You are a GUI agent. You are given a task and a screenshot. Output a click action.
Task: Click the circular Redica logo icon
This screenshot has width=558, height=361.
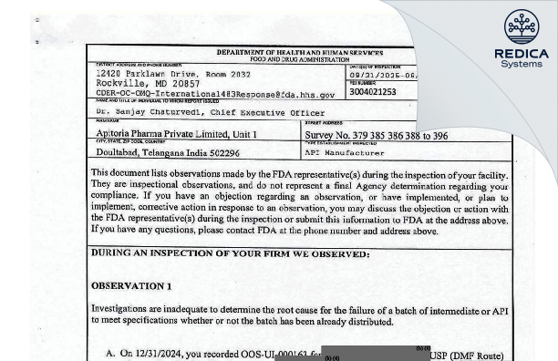[x=522, y=27]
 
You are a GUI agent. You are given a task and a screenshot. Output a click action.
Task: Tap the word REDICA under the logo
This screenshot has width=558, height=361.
[x=522, y=54]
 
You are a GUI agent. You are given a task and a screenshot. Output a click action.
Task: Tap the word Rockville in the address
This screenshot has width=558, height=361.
[x=123, y=83]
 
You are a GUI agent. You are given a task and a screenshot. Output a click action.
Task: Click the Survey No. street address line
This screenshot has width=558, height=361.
[x=377, y=135]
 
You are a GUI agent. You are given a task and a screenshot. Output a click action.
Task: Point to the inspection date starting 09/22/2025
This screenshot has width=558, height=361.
[x=383, y=76]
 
